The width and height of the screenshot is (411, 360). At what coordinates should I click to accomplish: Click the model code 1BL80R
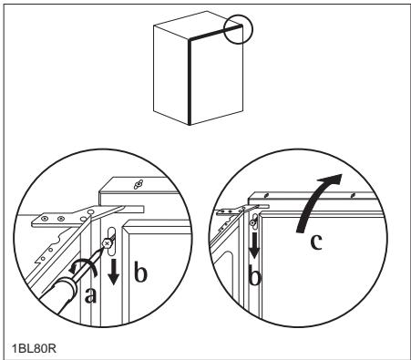pos(35,348)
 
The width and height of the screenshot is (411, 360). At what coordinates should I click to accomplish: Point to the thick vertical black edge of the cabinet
pos(190,82)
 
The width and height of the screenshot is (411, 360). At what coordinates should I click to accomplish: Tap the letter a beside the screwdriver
pos(90,294)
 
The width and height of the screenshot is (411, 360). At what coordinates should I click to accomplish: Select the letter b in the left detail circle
pos(140,273)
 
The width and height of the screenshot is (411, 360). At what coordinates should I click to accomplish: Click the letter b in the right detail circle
pos(254,275)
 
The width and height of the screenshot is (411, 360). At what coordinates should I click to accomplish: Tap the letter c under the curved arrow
pos(316,242)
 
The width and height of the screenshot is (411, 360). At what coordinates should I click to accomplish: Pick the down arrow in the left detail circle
pos(113,272)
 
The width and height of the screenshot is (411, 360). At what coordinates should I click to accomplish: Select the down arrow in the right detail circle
pos(254,245)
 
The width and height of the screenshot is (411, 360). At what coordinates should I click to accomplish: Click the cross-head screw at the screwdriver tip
pos(107,243)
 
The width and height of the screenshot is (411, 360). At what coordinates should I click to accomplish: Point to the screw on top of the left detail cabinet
pos(139,184)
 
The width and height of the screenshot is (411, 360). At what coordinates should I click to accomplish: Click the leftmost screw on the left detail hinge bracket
pos(45,218)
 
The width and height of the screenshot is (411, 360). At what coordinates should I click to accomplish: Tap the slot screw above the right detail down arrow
pos(252,223)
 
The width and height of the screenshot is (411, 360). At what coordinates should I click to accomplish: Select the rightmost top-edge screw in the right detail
pos(353,195)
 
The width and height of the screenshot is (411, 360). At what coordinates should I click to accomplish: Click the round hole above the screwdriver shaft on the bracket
pos(90,211)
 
